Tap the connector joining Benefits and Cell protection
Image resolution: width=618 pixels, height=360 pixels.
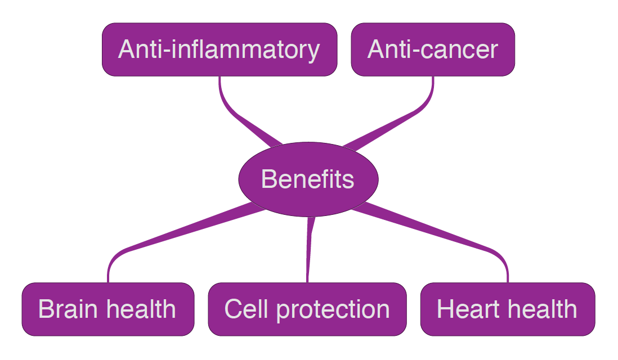tap(309, 247)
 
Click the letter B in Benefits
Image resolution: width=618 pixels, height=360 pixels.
tap(268, 179)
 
